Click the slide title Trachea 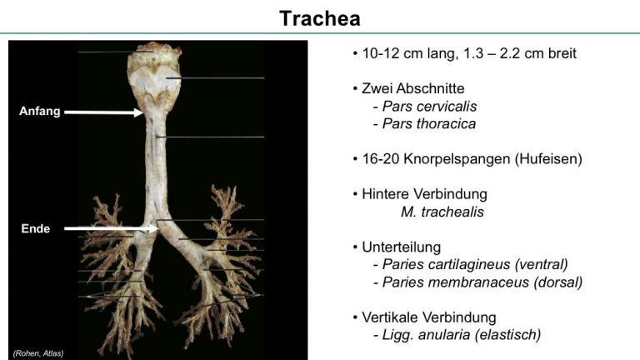point(320,18)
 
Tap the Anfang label point(40,111)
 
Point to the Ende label point(36,228)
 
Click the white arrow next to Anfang point(104,112)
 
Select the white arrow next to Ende point(112,228)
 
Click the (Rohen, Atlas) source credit point(38,353)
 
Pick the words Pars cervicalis point(429,106)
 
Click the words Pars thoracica point(429,123)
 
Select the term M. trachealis point(442,212)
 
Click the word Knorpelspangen point(457,159)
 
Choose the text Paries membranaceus point(456,282)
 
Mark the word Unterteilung point(401,247)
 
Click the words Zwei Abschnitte point(413,88)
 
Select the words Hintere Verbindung point(424,194)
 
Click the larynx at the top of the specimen point(154,76)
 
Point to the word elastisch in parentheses point(507,335)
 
